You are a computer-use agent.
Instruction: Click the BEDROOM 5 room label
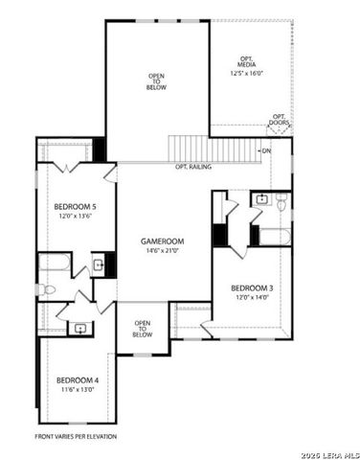coord(75,207)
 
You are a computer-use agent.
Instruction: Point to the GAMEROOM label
coord(163,241)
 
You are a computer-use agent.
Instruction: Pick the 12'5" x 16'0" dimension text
coord(248,73)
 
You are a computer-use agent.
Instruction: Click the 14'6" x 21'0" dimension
coord(163,251)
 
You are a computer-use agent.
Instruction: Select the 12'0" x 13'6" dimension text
coord(75,217)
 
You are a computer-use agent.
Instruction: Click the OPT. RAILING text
coord(192,168)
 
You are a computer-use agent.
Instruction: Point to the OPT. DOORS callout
coord(280,120)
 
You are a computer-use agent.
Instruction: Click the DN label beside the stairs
coord(266,151)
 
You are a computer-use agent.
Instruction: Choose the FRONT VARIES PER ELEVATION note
coord(76,436)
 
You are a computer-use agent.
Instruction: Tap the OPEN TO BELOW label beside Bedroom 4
coord(143,329)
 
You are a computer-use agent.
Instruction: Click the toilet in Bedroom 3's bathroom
coord(281,203)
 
